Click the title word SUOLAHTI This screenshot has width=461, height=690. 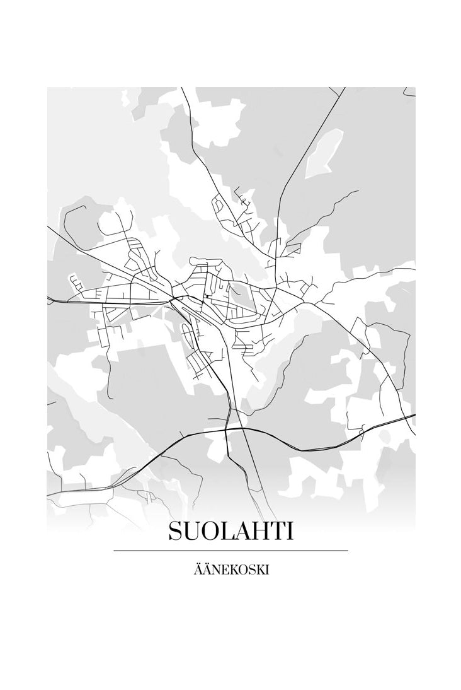pos(230,532)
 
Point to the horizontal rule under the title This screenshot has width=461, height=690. pos(230,551)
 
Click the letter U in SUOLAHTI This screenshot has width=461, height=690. pos(191,532)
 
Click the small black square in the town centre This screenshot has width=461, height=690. pos(207,296)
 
